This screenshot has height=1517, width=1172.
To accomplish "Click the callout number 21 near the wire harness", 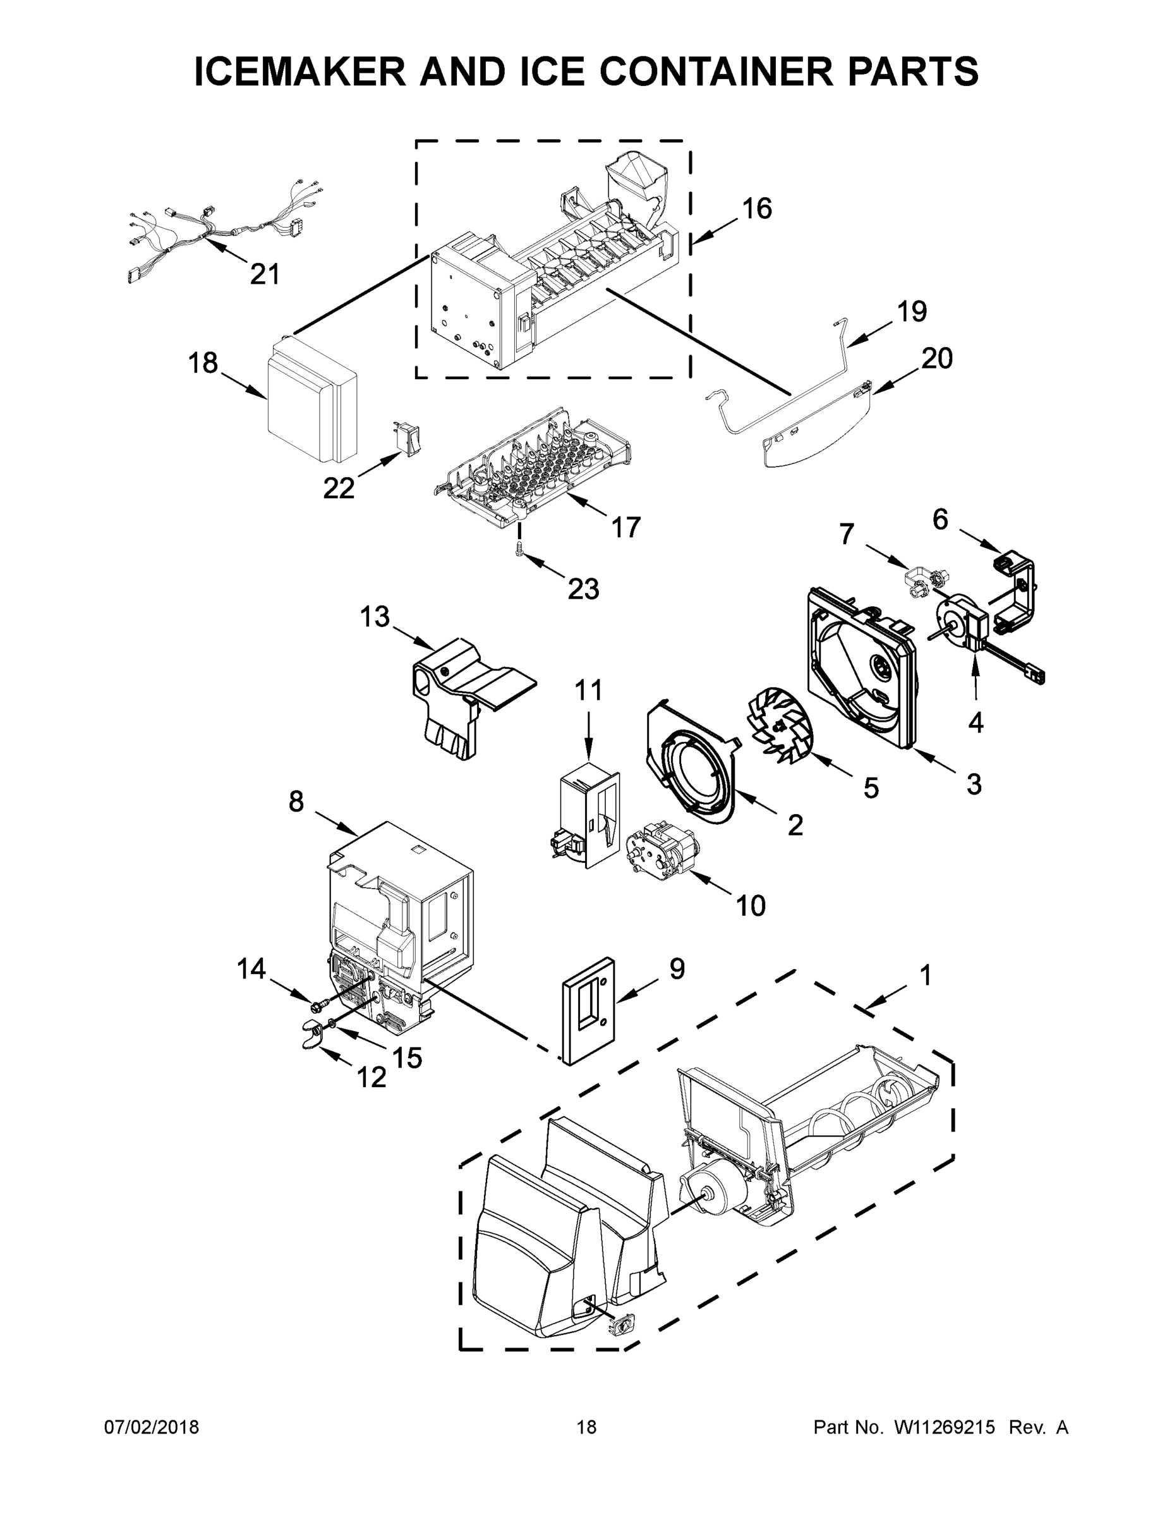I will (264, 274).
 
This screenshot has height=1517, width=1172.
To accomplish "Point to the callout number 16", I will (756, 209).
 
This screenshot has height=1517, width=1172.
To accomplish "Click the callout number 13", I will (374, 616).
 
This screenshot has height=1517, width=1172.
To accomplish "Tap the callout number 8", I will (296, 801).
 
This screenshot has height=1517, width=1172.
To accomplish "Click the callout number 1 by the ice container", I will (925, 975).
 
